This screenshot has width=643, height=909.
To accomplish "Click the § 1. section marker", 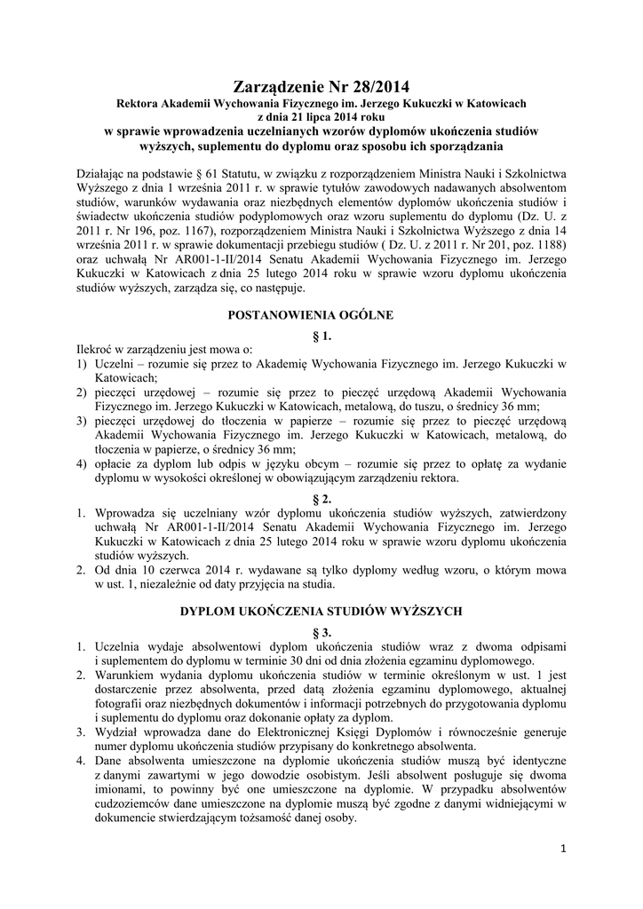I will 322,335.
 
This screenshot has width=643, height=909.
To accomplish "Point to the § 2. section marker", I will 322,498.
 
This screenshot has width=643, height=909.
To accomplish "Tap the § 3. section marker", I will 322,631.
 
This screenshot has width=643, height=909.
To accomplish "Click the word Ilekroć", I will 91,348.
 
